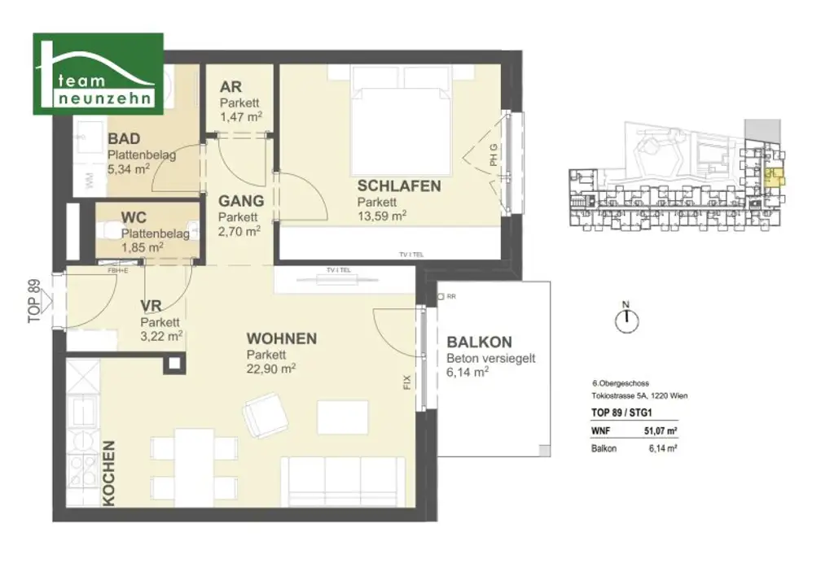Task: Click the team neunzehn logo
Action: pos(98,73)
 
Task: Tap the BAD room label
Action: pos(125,139)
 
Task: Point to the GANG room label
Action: pos(240,201)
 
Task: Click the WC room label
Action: pos(134,218)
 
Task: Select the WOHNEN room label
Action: pos(282,338)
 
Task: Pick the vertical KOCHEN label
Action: pos(109,474)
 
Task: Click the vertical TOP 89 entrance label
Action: pos(33,301)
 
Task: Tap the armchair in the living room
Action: pos(267,416)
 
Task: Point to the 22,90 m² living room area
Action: pos(271,368)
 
